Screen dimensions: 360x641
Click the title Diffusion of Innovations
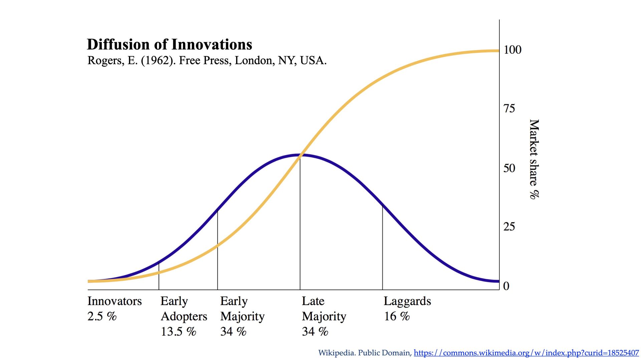[169, 44]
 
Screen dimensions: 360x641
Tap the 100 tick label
[512, 50]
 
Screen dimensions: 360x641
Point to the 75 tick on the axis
[509, 109]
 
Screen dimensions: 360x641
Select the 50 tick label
[509, 168]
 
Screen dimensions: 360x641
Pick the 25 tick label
[509, 227]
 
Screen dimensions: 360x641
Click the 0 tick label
[506, 286]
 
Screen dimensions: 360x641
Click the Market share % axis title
[534, 159]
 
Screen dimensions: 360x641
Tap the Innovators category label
[115, 301]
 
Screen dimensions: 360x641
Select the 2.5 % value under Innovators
[102, 316]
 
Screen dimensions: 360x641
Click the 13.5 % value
[178, 332]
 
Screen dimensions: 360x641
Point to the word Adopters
[184, 316]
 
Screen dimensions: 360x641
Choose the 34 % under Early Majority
[233, 332]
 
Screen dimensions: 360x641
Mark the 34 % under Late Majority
[315, 332]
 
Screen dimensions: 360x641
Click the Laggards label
[407, 301]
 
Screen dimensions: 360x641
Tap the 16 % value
[397, 316]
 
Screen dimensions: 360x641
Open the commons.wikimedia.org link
[526, 353]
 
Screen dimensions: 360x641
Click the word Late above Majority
[313, 301]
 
